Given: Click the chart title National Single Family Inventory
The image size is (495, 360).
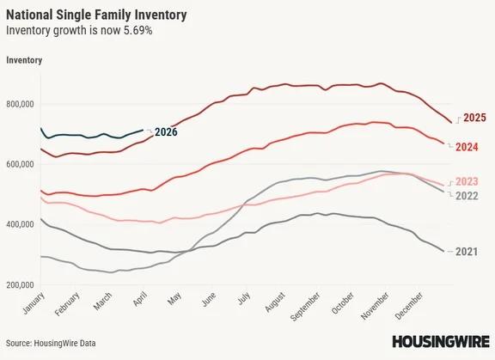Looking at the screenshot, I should click(95, 15).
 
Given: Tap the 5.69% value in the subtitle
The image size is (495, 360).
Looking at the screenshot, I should click(138, 31).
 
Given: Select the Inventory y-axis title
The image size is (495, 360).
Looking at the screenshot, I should click(24, 59).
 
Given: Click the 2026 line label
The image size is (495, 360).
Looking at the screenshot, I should click(166, 132).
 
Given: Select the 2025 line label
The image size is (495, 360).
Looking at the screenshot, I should click(475, 118).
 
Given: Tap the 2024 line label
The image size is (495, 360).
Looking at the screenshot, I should click(467, 147).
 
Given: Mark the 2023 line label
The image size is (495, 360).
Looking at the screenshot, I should click(467, 180).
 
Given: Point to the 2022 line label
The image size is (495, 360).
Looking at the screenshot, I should click(467, 196).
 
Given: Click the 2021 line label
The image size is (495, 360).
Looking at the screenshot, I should click(467, 252).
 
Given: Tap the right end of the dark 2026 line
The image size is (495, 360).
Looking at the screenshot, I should click(143, 131).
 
